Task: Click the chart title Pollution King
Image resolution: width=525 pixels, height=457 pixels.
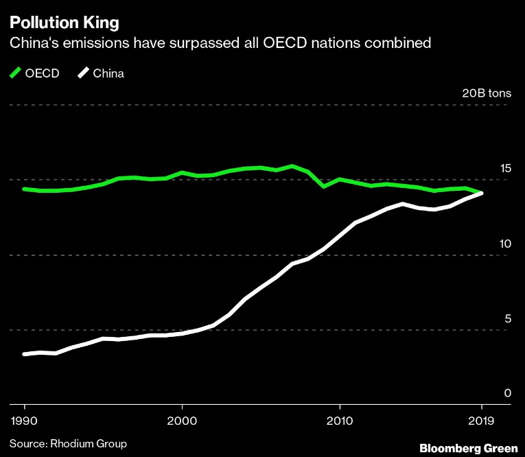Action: click(x=63, y=22)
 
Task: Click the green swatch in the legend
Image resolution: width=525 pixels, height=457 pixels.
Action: click(x=14, y=73)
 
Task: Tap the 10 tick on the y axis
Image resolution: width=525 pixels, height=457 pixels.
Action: click(x=505, y=244)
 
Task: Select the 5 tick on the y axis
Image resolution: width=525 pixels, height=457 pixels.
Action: click(x=508, y=318)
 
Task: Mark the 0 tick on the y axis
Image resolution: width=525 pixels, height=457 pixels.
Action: click(x=508, y=393)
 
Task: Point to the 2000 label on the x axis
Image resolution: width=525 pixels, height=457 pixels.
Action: click(x=182, y=419)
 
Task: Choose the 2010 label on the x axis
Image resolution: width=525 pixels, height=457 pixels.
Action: click(x=339, y=419)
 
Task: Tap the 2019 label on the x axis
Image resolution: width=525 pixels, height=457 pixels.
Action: click(x=481, y=419)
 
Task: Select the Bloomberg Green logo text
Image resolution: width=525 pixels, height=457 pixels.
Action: click(x=469, y=447)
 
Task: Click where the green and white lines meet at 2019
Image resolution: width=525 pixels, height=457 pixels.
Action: click(x=481, y=193)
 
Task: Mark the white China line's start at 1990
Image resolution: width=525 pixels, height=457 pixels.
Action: click(x=25, y=354)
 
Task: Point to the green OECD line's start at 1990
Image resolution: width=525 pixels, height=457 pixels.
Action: click(x=25, y=189)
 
